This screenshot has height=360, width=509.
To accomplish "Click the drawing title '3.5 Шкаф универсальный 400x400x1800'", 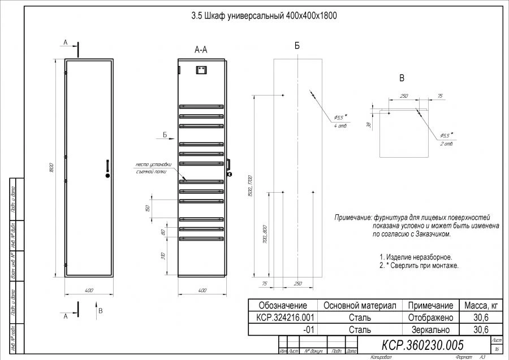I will click(264, 16).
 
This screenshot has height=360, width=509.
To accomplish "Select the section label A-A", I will click(201, 50).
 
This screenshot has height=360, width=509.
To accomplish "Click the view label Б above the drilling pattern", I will click(297, 46).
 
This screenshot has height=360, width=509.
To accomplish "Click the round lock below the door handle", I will click(106, 176).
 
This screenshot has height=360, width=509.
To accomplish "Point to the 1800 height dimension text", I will click(52, 168).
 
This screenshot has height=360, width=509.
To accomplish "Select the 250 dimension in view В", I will click(404, 97).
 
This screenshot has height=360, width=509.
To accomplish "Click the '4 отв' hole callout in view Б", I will click(340, 125).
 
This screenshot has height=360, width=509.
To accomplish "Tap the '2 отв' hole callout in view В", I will click(446, 144).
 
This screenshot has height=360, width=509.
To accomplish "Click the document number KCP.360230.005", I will click(422, 345).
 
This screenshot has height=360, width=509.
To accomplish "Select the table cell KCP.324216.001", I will click(282, 318).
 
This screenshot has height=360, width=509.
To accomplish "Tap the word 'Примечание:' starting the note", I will click(352, 218).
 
